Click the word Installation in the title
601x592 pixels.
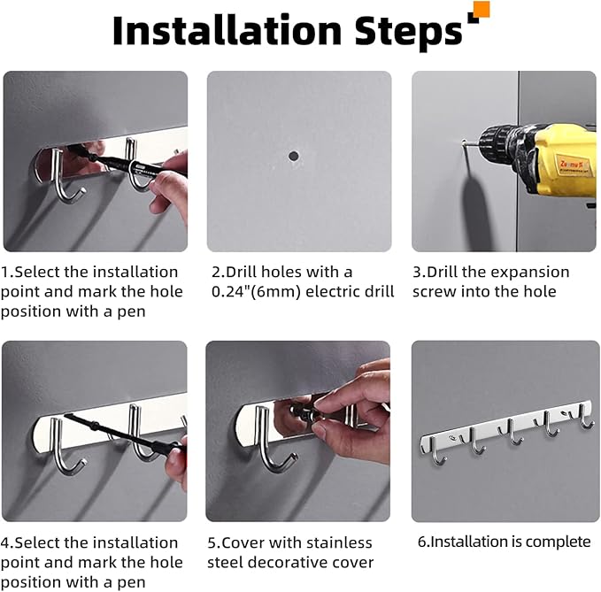click(x=227, y=31)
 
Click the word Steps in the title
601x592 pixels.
click(x=408, y=34)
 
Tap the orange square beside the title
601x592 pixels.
click(x=482, y=9)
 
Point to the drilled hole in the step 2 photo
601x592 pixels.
click(x=294, y=156)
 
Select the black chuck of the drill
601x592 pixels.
click(x=498, y=142)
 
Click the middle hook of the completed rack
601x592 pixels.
click(x=512, y=433)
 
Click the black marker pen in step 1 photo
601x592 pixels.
click(x=127, y=162)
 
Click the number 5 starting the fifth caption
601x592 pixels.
click(x=212, y=543)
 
